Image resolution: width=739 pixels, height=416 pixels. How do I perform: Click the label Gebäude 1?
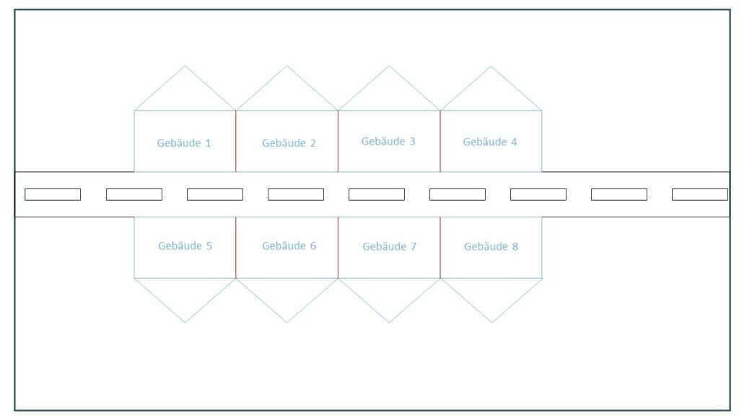[x=184, y=143]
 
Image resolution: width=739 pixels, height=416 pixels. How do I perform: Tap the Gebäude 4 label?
[x=490, y=142]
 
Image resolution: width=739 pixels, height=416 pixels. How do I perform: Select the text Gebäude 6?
[x=289, y=246]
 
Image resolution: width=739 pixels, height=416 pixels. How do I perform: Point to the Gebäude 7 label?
[x=389, y=246]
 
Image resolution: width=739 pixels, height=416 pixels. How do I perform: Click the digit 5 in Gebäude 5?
[x=209, y=246]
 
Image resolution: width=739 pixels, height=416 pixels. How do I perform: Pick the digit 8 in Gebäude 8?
[x=515, y=247]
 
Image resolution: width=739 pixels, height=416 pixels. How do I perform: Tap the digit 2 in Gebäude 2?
[x=312, y=144]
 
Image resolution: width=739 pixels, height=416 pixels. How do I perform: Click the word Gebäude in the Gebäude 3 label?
[x=383, y=141]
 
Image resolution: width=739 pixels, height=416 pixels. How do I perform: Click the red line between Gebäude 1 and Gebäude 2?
[x=236, y=141]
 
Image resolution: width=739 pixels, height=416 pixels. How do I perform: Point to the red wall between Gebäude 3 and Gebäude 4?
[x=440, y=141]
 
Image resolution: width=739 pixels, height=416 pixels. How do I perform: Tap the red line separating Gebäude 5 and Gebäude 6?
[x=236, y=248]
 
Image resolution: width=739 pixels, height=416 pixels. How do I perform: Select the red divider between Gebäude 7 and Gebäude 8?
[x=440, y=248]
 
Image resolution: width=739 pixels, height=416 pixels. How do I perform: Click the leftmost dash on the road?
[x=53, y=194]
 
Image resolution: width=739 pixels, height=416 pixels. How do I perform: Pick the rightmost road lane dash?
[x=700, y=194]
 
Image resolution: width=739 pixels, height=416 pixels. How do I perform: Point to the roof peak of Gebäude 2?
[x=287, y=66]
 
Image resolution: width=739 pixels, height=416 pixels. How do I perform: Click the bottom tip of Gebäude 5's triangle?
[x=185, y=323]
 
